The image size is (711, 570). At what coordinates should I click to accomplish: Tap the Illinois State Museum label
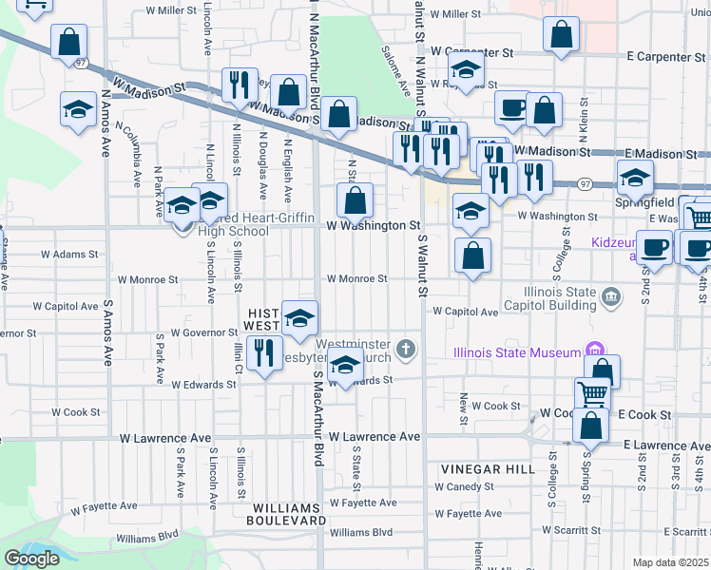[517, 353]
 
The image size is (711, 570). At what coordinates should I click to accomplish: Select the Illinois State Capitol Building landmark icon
[612, 300]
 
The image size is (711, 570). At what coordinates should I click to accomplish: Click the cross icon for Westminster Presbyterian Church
[406, 350]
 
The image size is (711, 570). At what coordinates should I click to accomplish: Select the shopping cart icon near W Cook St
[592, 392]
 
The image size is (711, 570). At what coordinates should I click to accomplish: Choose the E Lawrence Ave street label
[665, 445]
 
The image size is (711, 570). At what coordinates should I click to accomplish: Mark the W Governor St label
[203, 332]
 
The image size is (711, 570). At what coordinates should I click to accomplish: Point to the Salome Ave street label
[395, 72]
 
